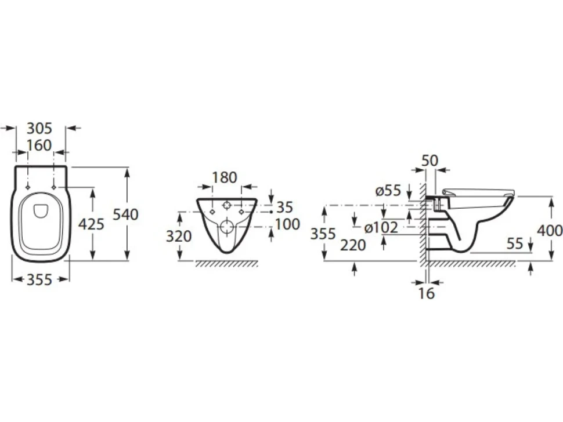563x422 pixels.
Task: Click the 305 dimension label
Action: [x=39, y=128]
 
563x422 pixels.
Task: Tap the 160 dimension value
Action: [x=39, y=145]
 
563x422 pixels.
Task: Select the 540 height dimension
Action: [x=126, y=214]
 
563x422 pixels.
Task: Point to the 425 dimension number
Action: [x=91, y=224]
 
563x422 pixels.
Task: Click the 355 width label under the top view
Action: [x=39, y=279]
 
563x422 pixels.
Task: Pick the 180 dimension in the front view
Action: [x=225, y=177]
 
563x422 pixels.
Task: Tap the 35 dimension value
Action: [x=285, y=208]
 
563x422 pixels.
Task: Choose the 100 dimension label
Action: [x=287, y=224]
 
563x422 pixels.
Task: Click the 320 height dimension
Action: [x=179, y=237]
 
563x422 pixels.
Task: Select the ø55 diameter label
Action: [x=388, y=190]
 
